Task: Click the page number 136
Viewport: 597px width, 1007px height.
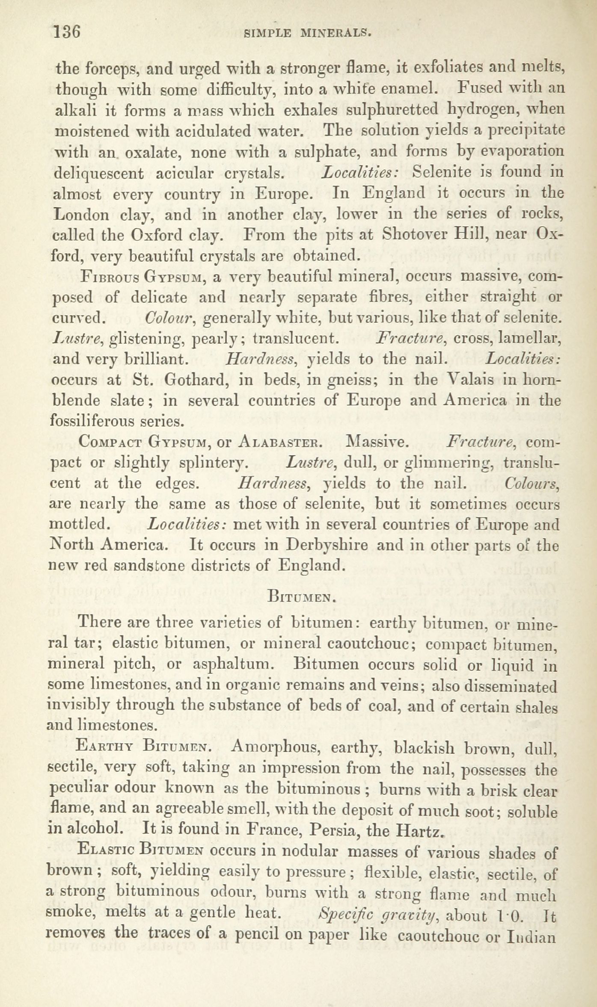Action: [67, 32]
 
